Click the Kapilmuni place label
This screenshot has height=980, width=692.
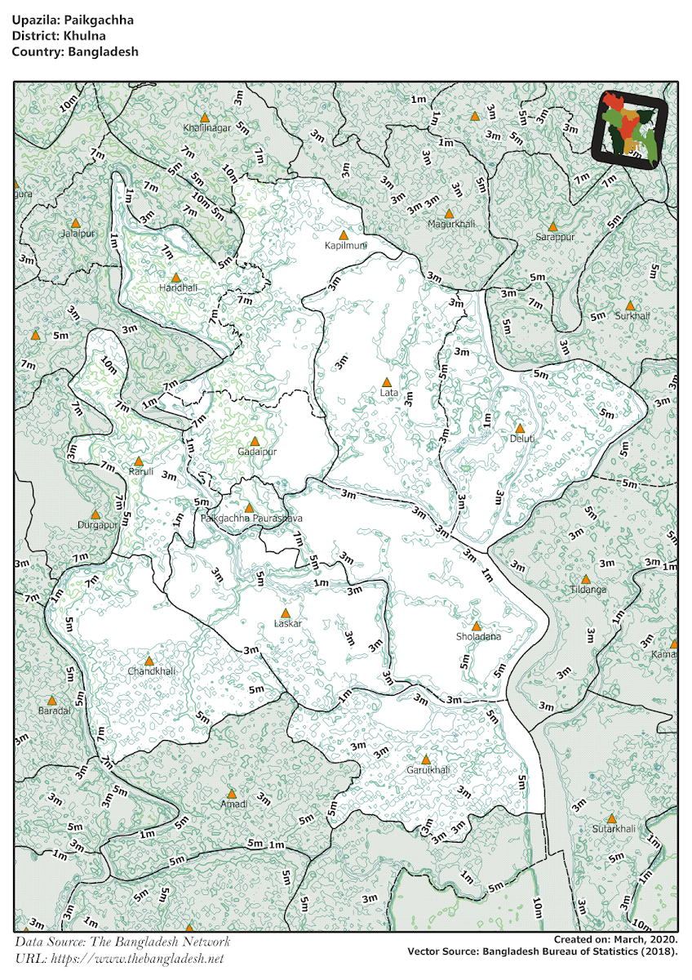coord(346,245)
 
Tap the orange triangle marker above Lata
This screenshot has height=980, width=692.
coord(387,381)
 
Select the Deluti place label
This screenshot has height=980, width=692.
coord(522,439)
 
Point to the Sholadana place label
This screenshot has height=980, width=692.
coord(479,637)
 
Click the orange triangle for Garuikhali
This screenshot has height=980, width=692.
coord(425,759)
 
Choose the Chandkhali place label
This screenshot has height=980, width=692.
coord(151,671)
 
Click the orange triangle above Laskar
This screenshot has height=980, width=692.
coord(285,613)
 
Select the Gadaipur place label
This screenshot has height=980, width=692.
coord(257,452)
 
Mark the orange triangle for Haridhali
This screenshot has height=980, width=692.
coord(175,278)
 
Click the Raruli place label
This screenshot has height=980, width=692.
coord(141,472)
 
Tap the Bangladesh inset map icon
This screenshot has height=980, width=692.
coord(629,128)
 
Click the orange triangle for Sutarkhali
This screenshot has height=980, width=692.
coord(611,818)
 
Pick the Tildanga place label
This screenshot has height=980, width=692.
coord(588,589)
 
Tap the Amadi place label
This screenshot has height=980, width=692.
coord(233,804)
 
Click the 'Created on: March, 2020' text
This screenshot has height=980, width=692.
coord(614,940)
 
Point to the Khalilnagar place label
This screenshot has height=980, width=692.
coord(206,128)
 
